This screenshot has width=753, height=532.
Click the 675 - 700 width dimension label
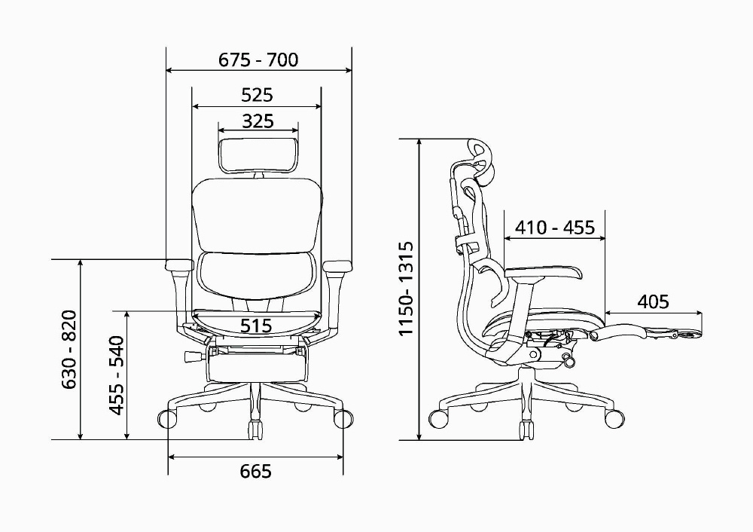(258, 60)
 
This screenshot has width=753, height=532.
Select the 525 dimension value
(257, 95)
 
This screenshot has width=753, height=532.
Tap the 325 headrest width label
(258, 121)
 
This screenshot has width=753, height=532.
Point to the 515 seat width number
(256, 326)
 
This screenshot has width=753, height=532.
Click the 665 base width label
(255, 471)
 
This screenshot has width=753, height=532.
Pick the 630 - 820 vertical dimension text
(69, 350)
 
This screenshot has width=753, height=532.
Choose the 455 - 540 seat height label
(117, 375)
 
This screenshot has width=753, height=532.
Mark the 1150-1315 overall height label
(406, 289)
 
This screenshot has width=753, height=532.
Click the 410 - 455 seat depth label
(555, 228)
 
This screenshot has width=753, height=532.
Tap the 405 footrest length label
(653, 302)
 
